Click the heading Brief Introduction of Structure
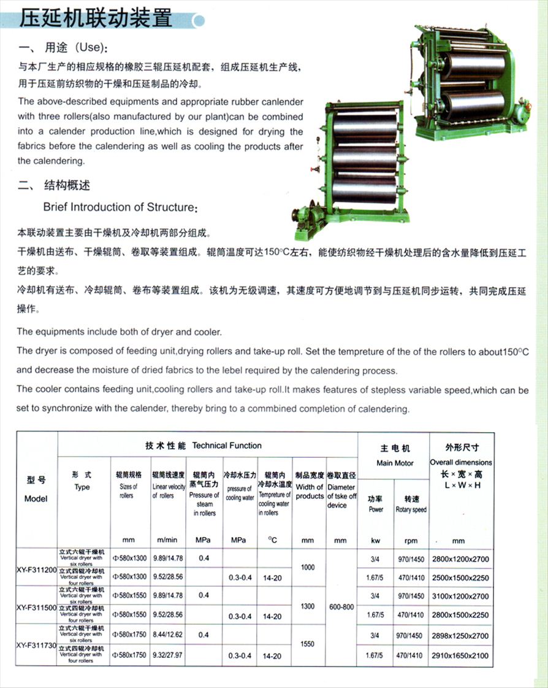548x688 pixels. coord(120,207)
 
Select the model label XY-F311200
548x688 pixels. coord(37,570)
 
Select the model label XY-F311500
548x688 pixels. coord(37,607)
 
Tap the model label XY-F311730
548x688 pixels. coord(37,645)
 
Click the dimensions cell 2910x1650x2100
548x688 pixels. coord(460,656)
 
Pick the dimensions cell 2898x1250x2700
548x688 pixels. coord(460,636)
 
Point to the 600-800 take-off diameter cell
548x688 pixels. coord(340,607)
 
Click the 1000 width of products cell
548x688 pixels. coord(308,568)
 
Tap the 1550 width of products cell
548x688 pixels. coord(308,644)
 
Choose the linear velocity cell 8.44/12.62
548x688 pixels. coord(167,636)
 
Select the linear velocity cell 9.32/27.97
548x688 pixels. coord(167,656)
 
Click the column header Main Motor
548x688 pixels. coord(394,463)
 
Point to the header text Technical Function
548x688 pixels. coord(227,446)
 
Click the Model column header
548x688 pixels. coord(36,498)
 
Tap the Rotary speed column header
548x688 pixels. coord(411,509)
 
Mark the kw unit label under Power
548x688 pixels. coord(376,541)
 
